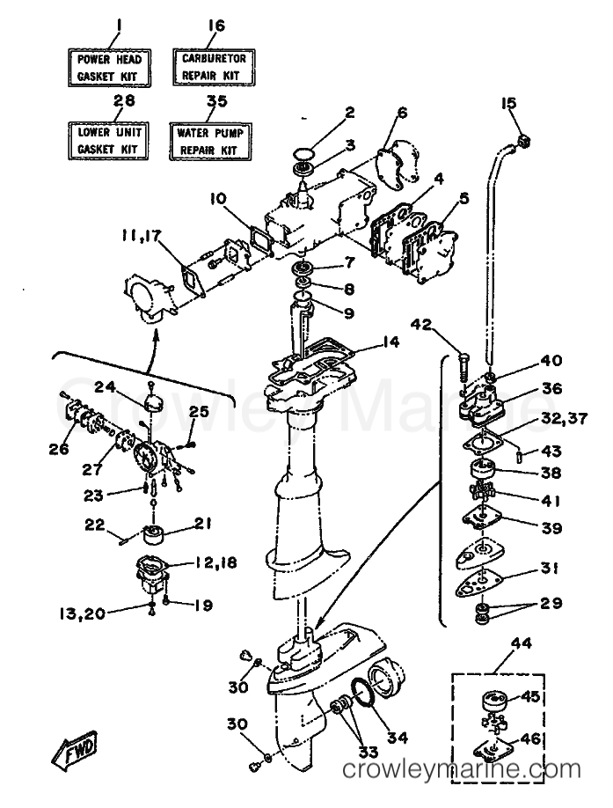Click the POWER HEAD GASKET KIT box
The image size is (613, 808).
(x=109, y=67)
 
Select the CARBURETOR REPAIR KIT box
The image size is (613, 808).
(x=214, y=67)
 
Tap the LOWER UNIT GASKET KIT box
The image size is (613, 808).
(x=108, y=141)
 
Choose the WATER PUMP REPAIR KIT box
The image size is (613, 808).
(x=209, y=141)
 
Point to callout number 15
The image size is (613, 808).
(x=508, y=104)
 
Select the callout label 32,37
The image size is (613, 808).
(x=564, y=418)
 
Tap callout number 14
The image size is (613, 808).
(x=390, y=342)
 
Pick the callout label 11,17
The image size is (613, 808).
(x=141, y=238)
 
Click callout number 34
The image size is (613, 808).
(x=397, y=738)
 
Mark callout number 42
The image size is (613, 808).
(x=422, y=325)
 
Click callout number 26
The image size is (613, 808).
(x=58, y=449)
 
